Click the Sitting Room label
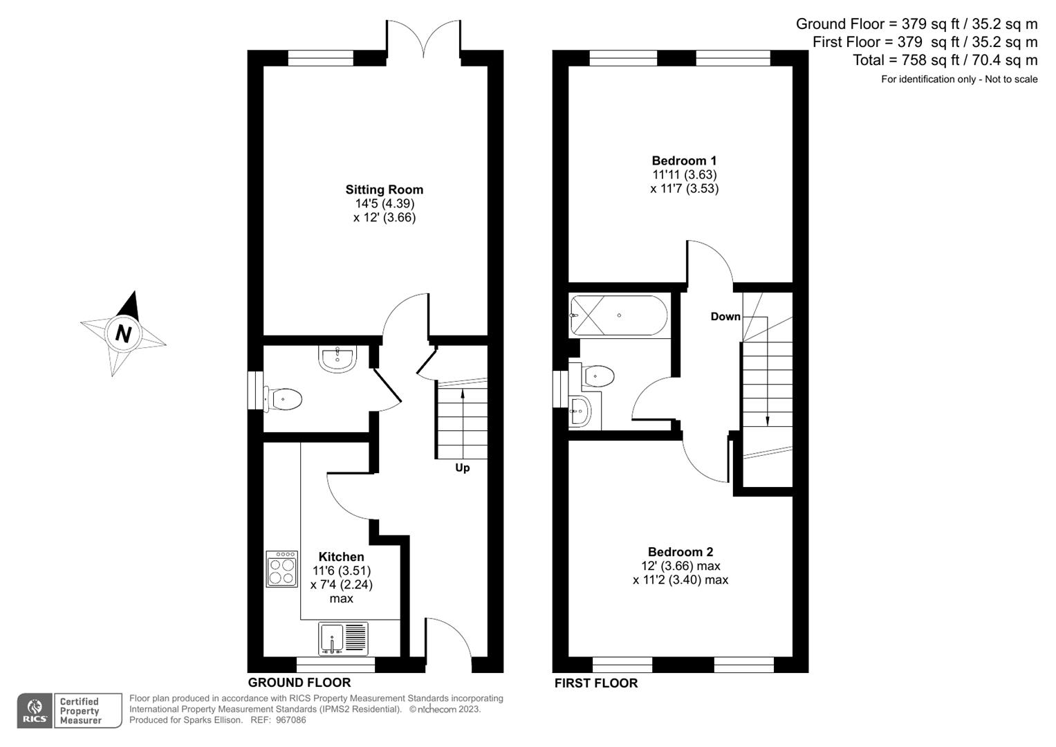pos(384,190)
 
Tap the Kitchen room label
pos(341,557)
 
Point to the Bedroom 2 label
pos(680,552)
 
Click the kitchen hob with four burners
pos(281,569)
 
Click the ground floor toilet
pos(284,399)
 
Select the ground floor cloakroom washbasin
pos(337,359)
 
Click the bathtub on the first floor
pos(618,316)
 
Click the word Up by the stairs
pos(462,468)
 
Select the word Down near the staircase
pos(725,317)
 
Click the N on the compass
pos(123,333)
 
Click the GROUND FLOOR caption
pos(299,683)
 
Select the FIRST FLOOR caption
pos(595,683)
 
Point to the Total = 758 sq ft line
pos(945,60)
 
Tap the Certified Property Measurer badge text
pos(80,711)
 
